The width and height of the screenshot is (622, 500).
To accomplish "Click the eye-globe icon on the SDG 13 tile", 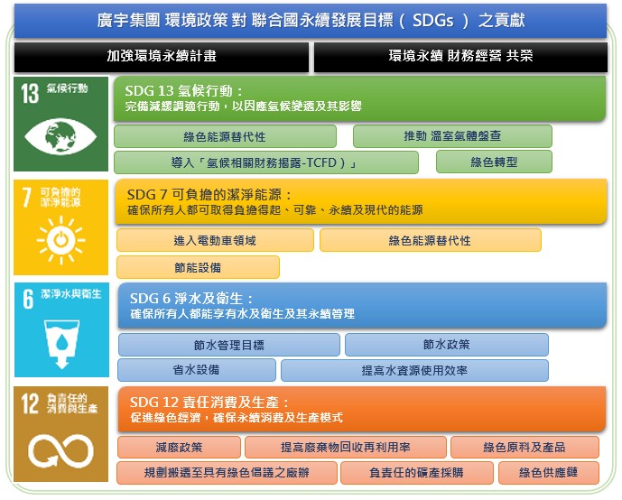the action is pos(60,136).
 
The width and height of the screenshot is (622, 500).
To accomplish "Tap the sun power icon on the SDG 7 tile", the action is pos(60,240).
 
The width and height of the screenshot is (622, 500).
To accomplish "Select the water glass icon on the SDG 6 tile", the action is pos(61,344).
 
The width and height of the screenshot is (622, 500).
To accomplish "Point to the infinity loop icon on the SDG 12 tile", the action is pos(60,451).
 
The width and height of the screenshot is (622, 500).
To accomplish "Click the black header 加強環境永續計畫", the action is pos(162,57).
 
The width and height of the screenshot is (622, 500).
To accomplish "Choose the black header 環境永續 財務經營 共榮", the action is pos(460,57).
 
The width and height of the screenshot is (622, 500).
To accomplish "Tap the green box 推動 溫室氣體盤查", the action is pos(452,136).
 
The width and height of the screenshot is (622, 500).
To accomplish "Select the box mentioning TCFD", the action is pos(266,162).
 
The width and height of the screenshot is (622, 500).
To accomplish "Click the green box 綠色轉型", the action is pos(494,162).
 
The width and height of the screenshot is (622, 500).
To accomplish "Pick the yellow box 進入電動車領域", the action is pos(215,240).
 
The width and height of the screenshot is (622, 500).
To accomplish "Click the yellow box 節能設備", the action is pos(198,267).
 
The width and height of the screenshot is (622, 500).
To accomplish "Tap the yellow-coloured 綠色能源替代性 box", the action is pos(431,240).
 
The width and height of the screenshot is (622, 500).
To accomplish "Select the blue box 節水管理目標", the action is pos(229,345).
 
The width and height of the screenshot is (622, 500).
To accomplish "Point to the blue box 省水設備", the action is pos(197,370).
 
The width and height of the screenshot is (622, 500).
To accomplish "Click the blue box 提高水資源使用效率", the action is pos(414,370).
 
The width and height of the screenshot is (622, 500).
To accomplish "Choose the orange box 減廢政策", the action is pos(179,448).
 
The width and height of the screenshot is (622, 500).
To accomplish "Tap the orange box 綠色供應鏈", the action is pos(548,473).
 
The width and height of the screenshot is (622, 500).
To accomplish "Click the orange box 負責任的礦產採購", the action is pos(416,473).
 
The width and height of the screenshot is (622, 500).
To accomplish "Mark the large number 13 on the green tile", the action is pos(30,94).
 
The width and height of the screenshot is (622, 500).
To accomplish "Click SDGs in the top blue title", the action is pos(432,20).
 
